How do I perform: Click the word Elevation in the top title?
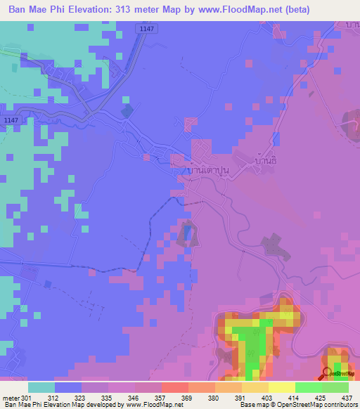coord(95,11)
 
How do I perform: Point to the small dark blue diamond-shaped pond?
coord(126,110)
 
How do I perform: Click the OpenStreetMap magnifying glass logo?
coord(326,372)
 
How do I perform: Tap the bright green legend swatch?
coord(309,387)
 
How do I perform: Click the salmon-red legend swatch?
coord(175,387)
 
